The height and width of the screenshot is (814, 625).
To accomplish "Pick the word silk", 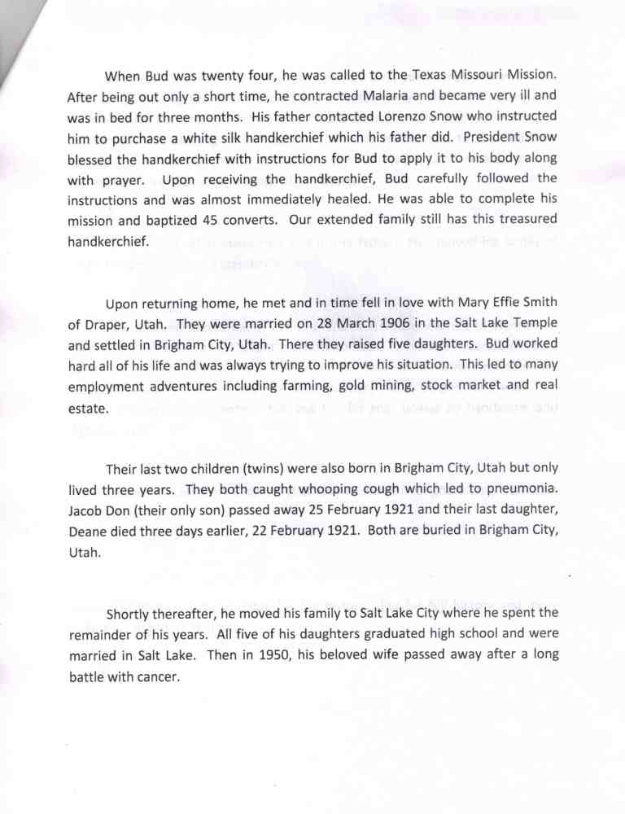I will pos(229,138).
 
